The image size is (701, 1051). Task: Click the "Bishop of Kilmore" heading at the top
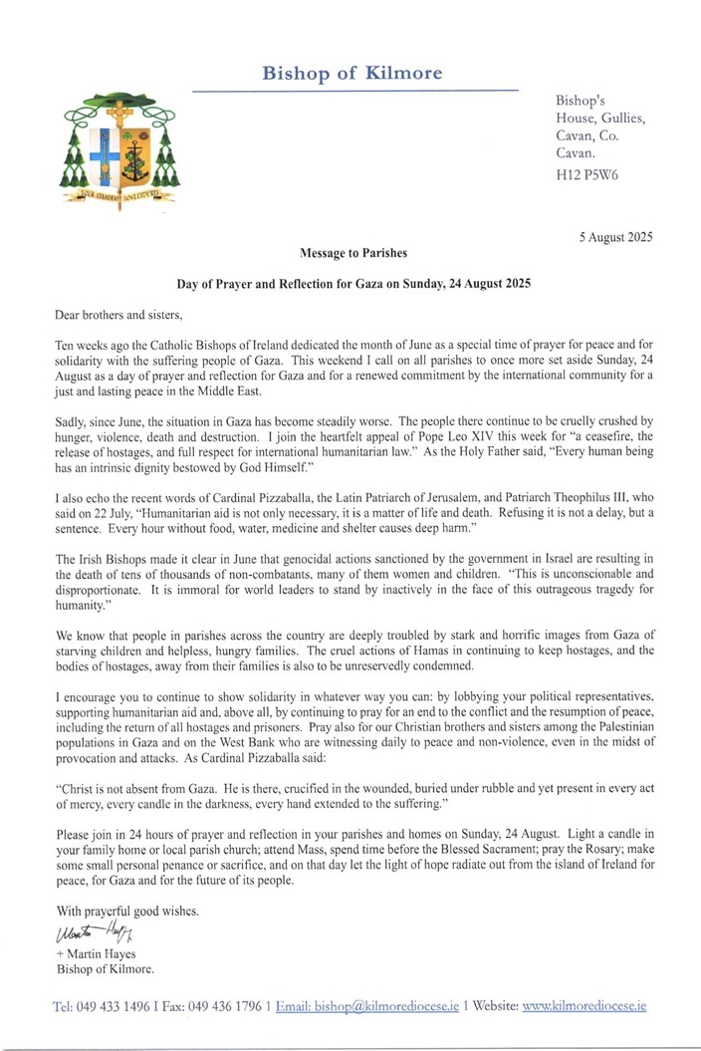[x=352, y=73]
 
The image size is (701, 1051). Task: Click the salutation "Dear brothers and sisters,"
[x=119, y=314]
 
